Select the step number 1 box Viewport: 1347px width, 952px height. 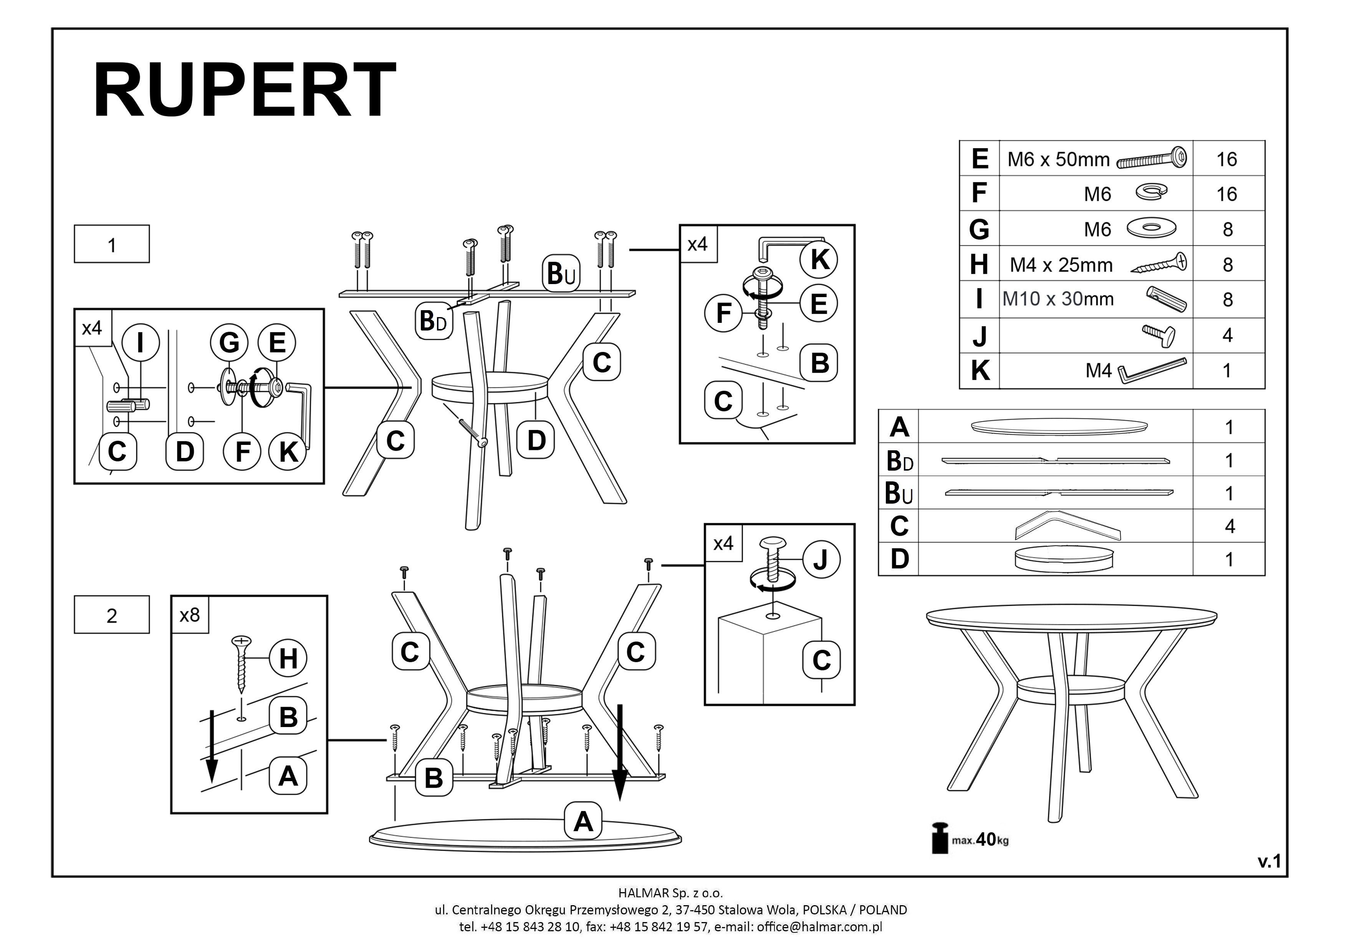click(x=111, y=244)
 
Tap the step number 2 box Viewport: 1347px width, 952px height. click(x=111, y=615)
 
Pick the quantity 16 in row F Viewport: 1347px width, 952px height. click(x=1227, y=194)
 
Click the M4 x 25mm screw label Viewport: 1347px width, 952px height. click(x=1061, y=265)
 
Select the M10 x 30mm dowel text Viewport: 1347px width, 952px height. click(x=1058, y=299)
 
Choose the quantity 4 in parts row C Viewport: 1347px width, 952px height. click(x=1230, y=526)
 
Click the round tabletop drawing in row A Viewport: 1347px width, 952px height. click(x=1059, y=427)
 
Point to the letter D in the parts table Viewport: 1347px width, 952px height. click(x=899, y=559)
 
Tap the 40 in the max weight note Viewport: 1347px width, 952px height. click(x=986, y=840)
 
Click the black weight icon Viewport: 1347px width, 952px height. click(x=940, y=838)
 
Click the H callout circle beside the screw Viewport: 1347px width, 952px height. click(x=288, y=658)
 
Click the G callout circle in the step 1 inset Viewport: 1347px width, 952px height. click(x=229, y=342)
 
